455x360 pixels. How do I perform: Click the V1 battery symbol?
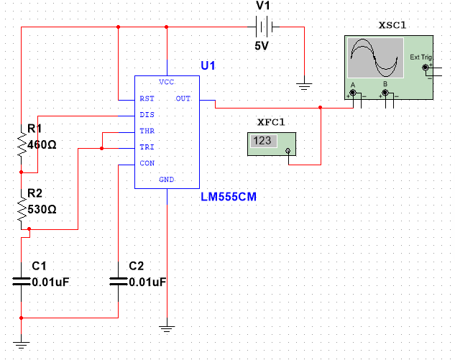[264, 28]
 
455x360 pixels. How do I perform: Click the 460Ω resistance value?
[41, 144]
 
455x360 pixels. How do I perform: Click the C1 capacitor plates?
[22, 282]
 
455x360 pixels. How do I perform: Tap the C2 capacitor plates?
[118, 282]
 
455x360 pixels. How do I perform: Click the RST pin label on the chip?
[147, 98]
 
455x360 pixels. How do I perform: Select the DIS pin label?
[146, 115]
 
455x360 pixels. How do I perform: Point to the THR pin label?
[147, 131]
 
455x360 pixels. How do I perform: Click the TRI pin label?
[146, 147]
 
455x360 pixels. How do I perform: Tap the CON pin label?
[147, 164]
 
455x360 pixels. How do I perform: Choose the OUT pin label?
[183, 98]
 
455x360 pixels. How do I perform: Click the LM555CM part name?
[229, 195]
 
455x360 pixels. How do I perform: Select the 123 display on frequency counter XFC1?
[262, 141]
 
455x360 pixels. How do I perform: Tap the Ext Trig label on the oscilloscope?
[419, 57]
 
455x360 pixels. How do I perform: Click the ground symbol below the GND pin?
[167, 329]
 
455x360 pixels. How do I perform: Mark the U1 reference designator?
[208, 65]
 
